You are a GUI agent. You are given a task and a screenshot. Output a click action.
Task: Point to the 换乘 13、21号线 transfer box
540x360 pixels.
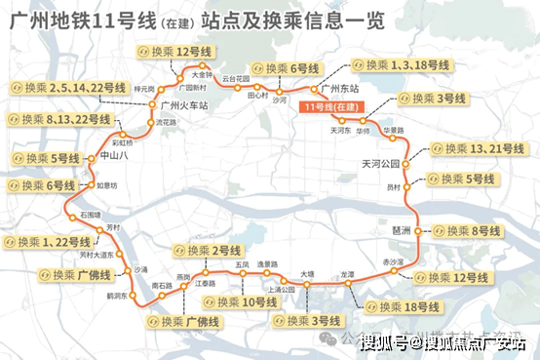[x=473, y=149]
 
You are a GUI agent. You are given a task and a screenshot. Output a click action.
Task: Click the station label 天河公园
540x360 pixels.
[x=381, y=163]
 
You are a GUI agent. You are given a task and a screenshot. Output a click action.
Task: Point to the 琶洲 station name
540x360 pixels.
[x=400, y=230]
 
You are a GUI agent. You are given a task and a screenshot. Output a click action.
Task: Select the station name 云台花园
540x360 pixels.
[x=237, y=77]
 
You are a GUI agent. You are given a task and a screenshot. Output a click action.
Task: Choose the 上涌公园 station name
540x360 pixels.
[x=281, y=289]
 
